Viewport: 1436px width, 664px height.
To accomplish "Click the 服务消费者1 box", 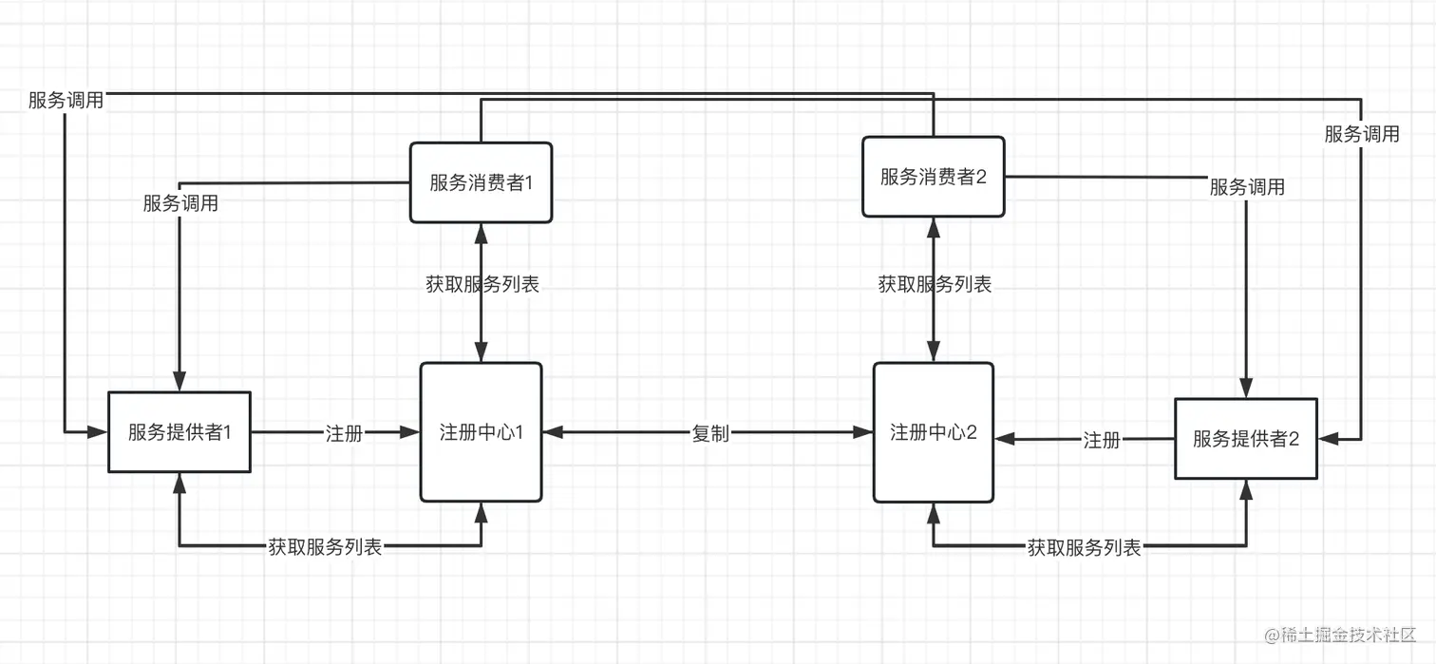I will [x=481, y=182].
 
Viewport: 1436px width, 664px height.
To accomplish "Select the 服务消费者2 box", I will [x=933, y=176].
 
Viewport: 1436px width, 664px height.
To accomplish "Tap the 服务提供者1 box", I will [x=179, y=432].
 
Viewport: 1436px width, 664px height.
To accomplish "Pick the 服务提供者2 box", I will [x=1245, y=438].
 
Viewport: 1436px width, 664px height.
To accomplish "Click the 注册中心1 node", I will [x=481, y=432].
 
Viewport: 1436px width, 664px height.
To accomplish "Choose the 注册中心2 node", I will [x=933, y=432].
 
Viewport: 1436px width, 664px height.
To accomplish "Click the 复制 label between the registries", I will [x=710, y=433].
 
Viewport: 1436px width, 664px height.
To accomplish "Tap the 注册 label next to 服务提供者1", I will [x=344, y=433].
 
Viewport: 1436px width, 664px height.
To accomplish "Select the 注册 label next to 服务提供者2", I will [x=1102, y=440].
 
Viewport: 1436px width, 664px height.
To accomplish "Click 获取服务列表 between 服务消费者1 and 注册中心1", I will [x=482, y=283].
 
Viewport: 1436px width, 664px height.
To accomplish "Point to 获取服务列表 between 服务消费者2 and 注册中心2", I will [x=934, y=283].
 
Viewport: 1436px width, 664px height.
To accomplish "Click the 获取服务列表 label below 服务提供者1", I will [x=325, y=546].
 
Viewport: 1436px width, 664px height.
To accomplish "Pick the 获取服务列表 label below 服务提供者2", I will [x=1084, y=547].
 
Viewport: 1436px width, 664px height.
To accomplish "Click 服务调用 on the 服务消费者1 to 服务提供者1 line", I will [x=180, y=202].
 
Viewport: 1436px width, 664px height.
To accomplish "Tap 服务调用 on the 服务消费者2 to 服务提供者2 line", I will [x=1246, y=187].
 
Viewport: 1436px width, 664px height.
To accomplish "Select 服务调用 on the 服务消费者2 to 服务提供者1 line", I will [x=66, y=100].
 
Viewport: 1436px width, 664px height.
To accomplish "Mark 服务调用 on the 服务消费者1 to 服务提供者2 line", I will [x=1362, y=134].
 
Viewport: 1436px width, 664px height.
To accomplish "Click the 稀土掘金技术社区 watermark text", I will [x=1339, y=634].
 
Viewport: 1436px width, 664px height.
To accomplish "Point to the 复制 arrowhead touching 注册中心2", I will [x=865, y=432].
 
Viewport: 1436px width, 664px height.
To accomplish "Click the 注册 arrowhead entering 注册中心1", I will [x=412, y=432].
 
